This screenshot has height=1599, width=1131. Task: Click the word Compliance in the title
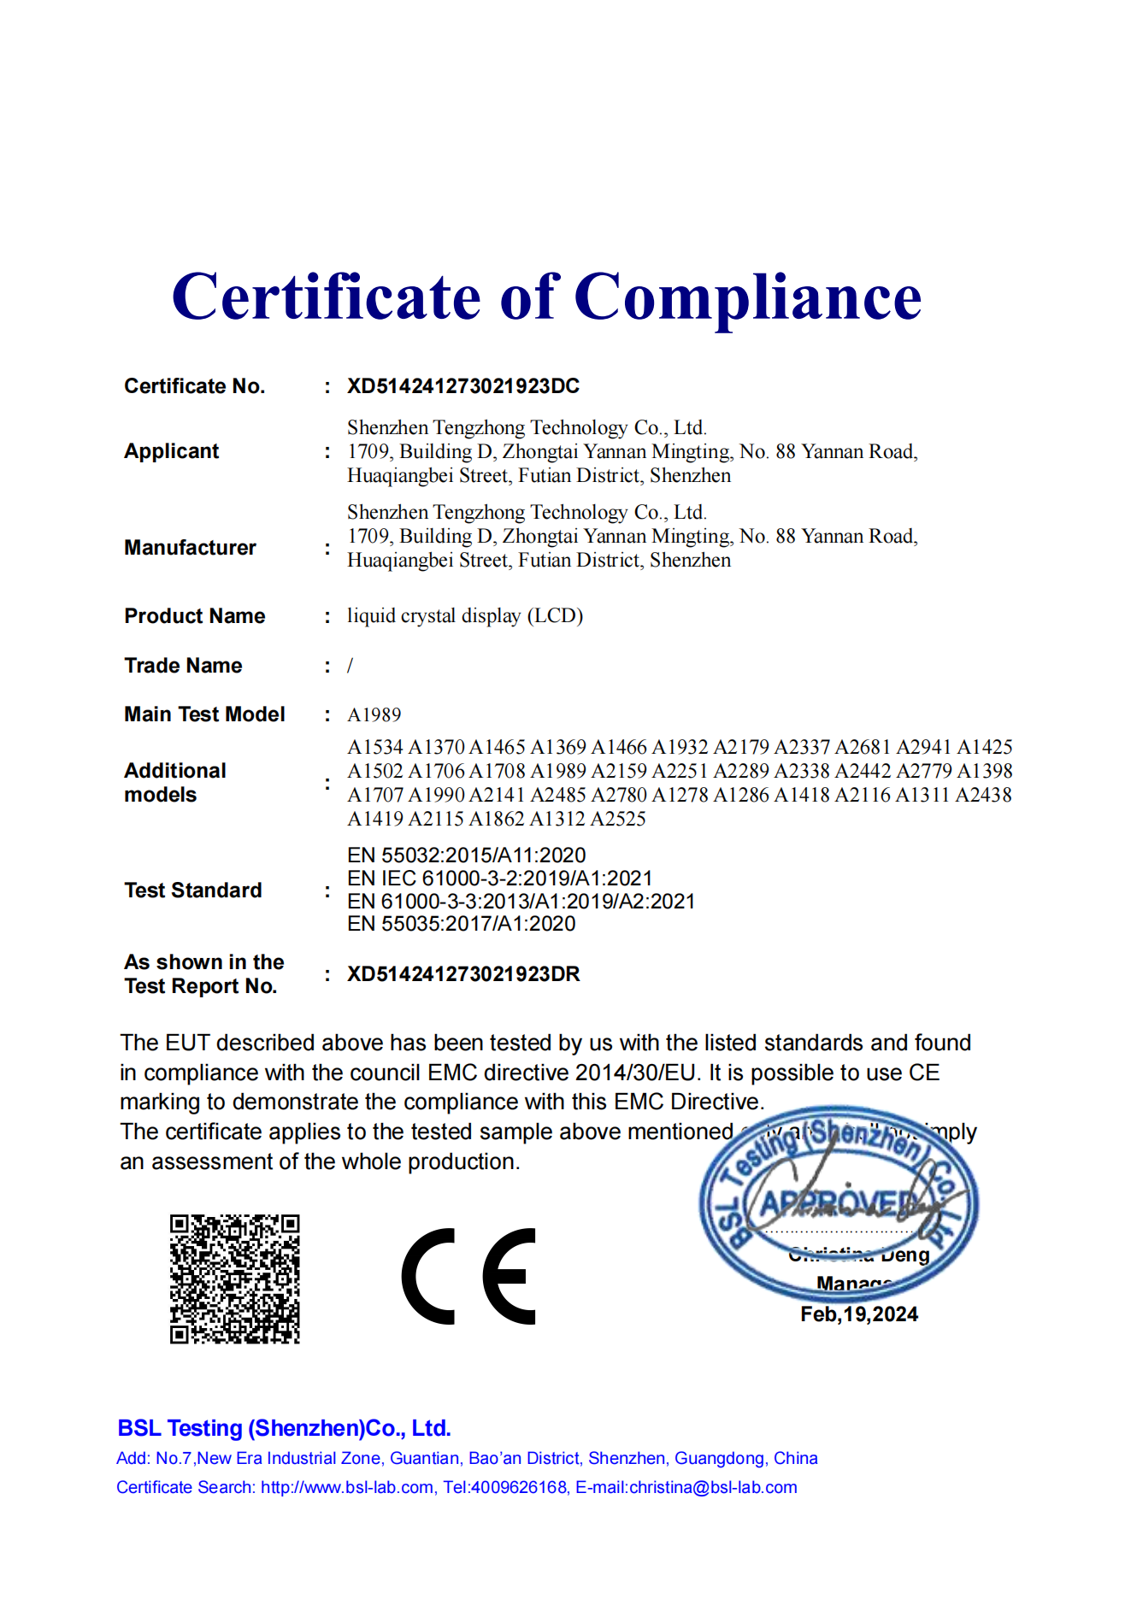click(x=747, y=297)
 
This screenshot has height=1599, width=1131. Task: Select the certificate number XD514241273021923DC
click(x=462, y=386)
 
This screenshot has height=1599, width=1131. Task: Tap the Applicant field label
click(x=172, y=451)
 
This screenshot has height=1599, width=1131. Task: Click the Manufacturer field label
click(x=190, y=548)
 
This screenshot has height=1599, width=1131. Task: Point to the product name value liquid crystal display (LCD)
click(x=464, y=616)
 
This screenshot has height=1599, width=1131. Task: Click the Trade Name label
click(x=183, y=666)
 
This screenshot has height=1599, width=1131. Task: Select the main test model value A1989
click(x=374, y=715)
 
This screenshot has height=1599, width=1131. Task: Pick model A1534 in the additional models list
click(x=374, y=748)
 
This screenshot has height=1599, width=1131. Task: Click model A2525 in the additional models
click(x=618, y=819)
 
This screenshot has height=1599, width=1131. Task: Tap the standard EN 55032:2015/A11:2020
click(x=466, y=855)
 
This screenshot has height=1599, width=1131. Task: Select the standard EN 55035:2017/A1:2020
click(x=461, y=924)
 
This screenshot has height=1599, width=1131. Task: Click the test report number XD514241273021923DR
click(x=462, y=974)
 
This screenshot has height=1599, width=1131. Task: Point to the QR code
click(x=234, y=1279)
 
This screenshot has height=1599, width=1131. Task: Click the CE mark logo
click(x=468, y=1277)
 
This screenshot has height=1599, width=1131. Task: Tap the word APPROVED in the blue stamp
click(x=842, y=1205)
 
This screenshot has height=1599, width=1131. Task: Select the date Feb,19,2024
click(x=858, y=1314)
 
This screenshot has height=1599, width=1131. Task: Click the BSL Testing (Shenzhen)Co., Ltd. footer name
click(x=284, y=1428)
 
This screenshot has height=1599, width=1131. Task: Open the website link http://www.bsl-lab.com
click(x=346, y=1487)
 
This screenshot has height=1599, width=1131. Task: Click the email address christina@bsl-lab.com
click(x=713, y=1487)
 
